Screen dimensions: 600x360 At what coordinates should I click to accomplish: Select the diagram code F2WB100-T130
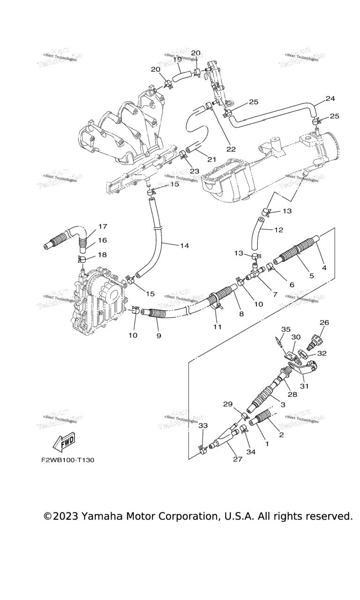pos(67,460)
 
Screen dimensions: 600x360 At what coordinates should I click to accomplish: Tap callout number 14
pos(184,245)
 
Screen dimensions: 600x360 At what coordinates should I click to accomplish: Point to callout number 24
pos(330,98)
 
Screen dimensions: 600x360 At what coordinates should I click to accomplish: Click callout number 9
pos(158,336)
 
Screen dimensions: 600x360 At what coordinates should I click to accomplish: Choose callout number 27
pos(238,459)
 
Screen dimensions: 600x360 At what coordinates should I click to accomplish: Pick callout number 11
pos(217,326)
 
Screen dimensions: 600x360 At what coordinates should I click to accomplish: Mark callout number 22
pos(231,149)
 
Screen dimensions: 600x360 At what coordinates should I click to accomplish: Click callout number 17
pos(103,226)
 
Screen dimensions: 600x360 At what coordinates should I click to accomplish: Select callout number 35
pos(286,330)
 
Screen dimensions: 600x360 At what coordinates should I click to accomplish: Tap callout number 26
pos(324,322)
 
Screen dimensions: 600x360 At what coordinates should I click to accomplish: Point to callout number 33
pos(203,426)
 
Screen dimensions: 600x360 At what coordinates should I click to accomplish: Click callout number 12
pos(278,230)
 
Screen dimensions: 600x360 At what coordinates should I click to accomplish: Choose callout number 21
pos(211,159)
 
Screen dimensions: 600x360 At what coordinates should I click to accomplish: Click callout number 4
pos(324,267)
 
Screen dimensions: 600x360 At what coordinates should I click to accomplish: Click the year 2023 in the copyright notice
pos(66,517)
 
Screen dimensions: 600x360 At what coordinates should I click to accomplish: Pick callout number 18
pos(102,255)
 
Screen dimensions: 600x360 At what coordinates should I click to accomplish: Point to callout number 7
pos(275,294)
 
